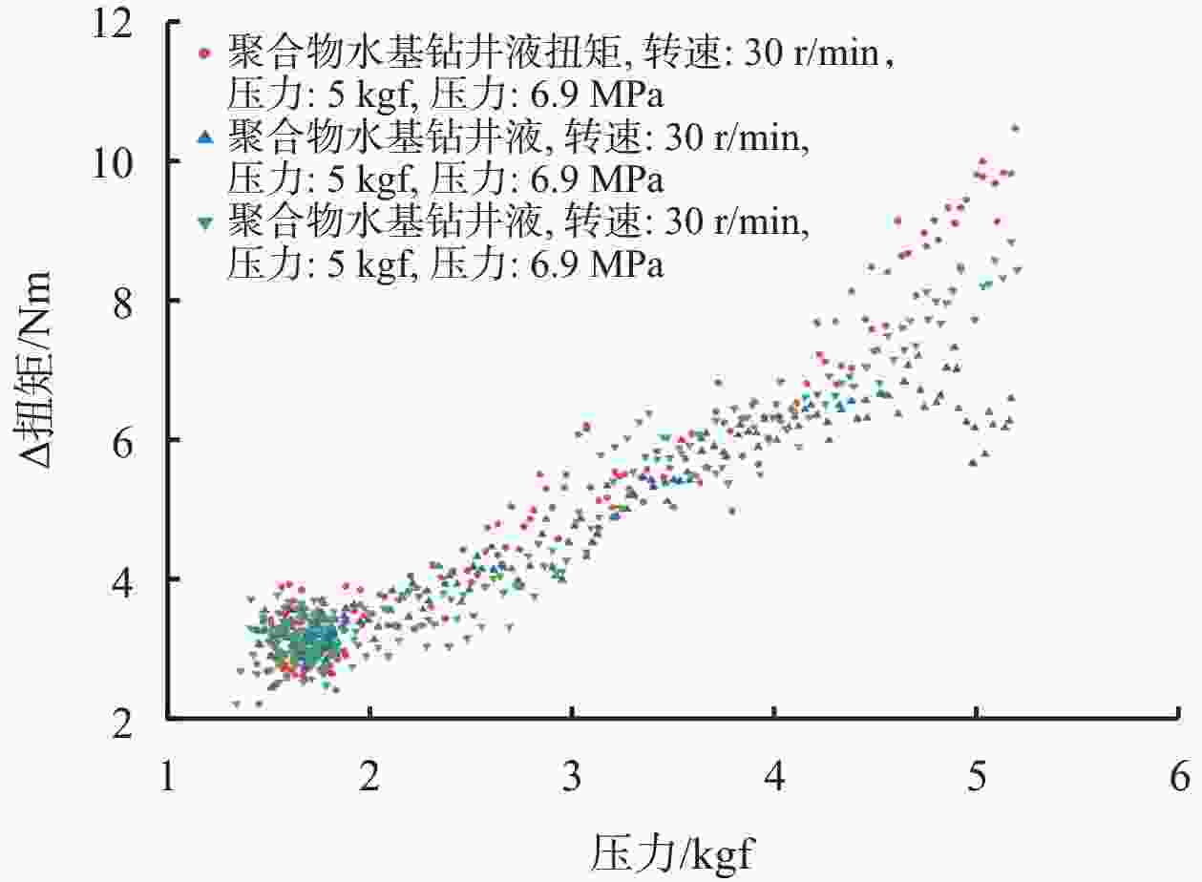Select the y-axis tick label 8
click(x=140, y=302)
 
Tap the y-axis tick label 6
click(x=140, y=441)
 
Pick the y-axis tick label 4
click(x=140, y=580)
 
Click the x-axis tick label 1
click(x=168, y=774)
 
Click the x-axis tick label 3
click(x=572, y=774)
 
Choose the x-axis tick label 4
click(x=774, y=774)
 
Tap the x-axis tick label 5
click(x=976, y=774)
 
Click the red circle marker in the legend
click(x=203, y=53)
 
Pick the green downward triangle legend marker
click(x=203, y=222)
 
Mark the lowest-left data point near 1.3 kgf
click(x=236, y=704)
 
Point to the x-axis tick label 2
click(x=369, y=774)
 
